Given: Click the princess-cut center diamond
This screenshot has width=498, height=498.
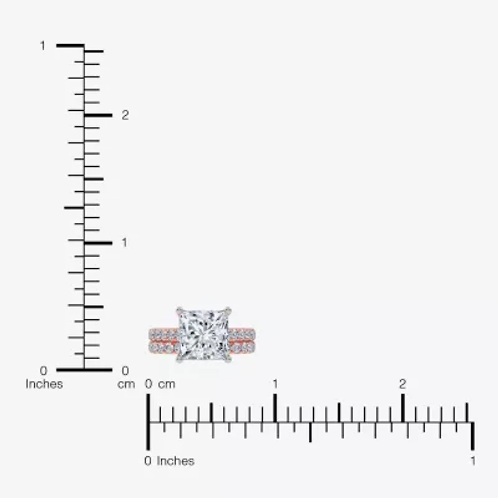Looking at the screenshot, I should click(204, 334).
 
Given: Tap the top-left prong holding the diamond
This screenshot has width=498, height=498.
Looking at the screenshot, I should click(179, 309).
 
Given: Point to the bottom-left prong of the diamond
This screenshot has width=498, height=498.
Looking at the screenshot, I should click(179, 360).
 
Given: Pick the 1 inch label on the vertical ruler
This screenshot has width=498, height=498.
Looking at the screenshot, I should click(43, 45).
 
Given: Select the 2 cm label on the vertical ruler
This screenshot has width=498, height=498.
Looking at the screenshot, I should click(125, 115).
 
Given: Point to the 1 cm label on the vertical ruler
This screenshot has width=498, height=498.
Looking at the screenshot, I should click(125, 242).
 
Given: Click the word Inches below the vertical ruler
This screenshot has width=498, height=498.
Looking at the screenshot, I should click(44, 384).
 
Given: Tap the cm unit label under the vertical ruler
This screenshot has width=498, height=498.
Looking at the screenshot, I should click(126, 384).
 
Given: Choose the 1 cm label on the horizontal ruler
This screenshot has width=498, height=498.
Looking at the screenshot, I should click(275, 383).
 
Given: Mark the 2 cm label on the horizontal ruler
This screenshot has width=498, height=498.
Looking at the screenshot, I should click(403, 383).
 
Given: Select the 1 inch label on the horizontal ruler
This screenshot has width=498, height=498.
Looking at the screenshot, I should click(473, 461).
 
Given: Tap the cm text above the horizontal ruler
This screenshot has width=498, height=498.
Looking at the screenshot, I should click(166, 384).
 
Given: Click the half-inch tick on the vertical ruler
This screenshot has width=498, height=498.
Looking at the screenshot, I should click(73, 207).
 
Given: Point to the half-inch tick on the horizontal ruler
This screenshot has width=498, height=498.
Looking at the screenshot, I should click(310, 433).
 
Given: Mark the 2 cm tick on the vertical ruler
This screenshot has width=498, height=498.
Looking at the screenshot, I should click(98, 115).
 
